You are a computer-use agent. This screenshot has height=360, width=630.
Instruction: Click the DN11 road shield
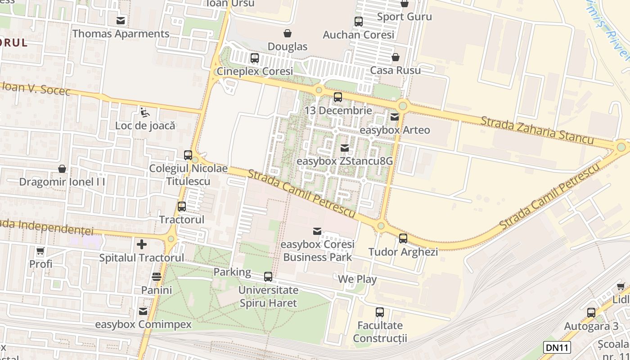(x=557, y=347)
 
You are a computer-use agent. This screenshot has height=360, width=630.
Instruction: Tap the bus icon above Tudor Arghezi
(x=403, y=238)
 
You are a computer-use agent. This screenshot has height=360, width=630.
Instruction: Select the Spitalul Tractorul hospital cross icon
(x=142, y=244)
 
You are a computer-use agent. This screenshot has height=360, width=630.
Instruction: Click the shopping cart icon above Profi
(x=40, y=251)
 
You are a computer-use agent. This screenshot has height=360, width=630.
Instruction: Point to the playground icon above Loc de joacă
(x=145, y=112)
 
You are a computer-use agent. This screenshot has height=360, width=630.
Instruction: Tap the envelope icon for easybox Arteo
(x=395, y=117)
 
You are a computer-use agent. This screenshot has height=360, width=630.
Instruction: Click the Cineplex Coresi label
(x=255, y=71)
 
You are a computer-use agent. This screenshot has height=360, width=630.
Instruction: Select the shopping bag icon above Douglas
(x=288, y=33)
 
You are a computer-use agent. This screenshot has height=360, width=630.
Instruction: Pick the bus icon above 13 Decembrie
(x=338, y=97)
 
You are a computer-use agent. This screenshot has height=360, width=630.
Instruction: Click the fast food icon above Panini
(x=157, y=277)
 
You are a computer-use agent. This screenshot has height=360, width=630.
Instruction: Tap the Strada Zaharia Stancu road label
(x=537, y=130)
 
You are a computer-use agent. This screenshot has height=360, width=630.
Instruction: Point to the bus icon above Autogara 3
(x=591, y=313)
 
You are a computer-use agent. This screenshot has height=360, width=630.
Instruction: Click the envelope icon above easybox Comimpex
(x=143, y=311)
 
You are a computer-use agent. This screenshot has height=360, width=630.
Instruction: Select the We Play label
(x=357, y=279)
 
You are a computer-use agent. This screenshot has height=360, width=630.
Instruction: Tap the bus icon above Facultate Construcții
(x=380, y=312)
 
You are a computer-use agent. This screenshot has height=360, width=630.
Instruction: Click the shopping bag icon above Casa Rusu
(x=396, y=57)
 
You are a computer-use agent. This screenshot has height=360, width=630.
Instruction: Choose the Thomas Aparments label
(x=121, y=34)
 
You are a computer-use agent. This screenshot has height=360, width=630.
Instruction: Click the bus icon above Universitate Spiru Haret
(x=268, y=277)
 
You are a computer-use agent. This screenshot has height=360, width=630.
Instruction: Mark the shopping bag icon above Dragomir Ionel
(x=62, y=169)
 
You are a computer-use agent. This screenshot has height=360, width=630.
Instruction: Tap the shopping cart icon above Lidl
(x=621, y=286)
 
